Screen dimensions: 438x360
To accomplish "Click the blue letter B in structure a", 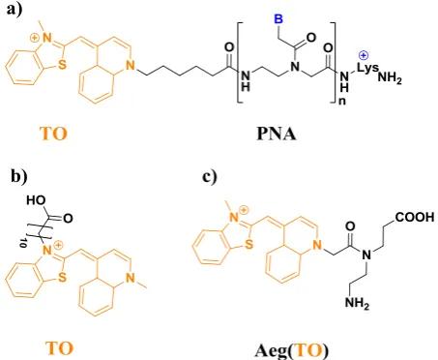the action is point(278,19).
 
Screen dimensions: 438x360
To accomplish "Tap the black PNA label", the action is point(277,134).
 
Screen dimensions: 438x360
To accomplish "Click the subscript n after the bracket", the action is point(341,101).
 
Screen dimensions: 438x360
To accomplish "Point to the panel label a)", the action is point(15,10).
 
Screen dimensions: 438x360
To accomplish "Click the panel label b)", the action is point(19,176).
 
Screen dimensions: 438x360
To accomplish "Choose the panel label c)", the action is point(210,176).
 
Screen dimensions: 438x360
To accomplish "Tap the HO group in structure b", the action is point(36,200).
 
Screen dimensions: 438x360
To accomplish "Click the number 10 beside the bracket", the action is point(23,243).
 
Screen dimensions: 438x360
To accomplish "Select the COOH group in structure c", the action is point(415,217).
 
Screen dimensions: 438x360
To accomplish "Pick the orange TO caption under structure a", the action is point(53,134).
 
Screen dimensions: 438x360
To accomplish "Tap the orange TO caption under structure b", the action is point(59,348).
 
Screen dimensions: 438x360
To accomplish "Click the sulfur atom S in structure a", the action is point(62,64).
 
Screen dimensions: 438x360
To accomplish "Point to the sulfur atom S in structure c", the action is point(248,245).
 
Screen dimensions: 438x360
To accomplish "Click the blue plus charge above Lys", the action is point(364,56).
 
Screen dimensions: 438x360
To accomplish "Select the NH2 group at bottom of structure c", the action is point(357,303).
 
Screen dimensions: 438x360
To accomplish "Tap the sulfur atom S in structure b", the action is point(63,277).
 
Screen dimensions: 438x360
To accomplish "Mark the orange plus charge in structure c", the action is point(244,210).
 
